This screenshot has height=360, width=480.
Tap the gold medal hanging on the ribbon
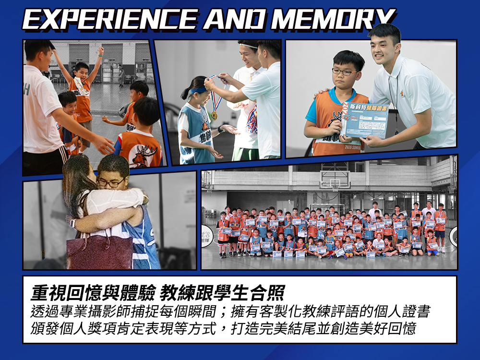click(x=214, y=115)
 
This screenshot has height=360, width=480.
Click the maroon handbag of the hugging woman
click(x=99, y=252)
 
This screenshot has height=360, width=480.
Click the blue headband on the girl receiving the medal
click(x=197, y=89)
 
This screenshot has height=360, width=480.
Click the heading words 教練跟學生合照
click(x=223, y=292)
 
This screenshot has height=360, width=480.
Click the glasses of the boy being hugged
click(x=111, y=183)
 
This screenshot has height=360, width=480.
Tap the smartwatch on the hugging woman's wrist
click(x=73, y=223)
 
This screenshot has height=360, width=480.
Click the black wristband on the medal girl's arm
click(x=221, y=129)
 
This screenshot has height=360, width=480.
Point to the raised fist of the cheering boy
click(x=101, y=50)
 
